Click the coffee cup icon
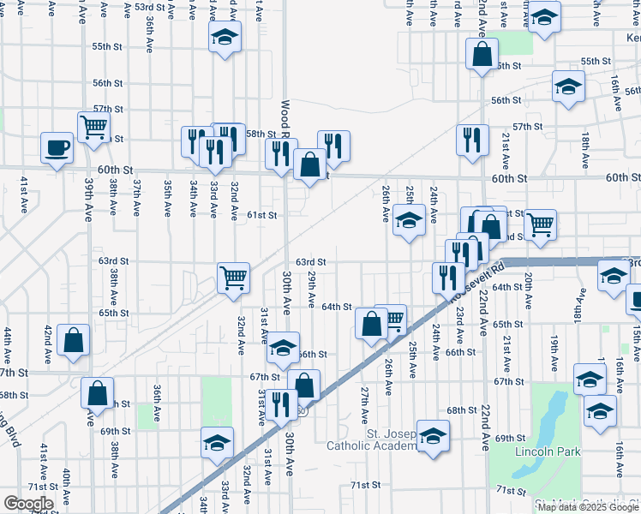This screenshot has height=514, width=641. (57, 148)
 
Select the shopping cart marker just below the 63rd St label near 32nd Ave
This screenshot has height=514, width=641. (233, 278)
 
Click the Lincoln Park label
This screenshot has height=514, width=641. (548, 451)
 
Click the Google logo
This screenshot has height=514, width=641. (29, 503)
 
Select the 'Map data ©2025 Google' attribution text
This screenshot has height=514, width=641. (588, 506)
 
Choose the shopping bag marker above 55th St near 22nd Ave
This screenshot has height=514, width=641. (482, 54)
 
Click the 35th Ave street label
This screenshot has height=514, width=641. (168, 198)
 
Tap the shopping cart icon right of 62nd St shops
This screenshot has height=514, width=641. (540, 224)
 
